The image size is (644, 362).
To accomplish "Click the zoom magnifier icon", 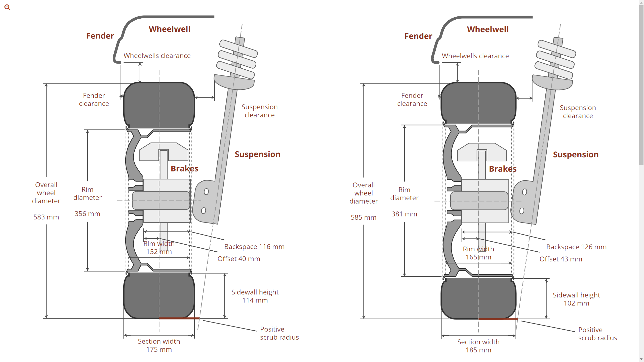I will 7,7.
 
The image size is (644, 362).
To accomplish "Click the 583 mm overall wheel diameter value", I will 46,217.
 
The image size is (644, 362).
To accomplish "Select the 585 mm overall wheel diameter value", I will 364,217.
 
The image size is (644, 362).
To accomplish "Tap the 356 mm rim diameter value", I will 87,214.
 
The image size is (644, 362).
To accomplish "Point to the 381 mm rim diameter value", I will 404,214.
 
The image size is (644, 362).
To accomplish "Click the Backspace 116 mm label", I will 254,247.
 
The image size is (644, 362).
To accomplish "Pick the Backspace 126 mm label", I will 576,247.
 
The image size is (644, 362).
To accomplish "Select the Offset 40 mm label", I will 239,259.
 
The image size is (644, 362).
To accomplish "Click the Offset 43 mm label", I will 561,259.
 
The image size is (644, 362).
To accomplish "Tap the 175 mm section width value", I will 159,349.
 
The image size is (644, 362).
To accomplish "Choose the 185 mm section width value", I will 478,350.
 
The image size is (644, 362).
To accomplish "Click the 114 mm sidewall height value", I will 255,300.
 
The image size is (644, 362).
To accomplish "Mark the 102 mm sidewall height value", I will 576,303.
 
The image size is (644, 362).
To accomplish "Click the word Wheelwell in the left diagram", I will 170,29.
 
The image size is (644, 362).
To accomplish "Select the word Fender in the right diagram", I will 418,36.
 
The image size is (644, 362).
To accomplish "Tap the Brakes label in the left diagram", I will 184,168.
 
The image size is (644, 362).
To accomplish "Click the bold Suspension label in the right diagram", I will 576,154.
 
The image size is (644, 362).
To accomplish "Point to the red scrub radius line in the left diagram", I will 179,318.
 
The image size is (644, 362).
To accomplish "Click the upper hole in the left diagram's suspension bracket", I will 206,192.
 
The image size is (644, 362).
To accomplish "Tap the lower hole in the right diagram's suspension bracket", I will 522,211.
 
